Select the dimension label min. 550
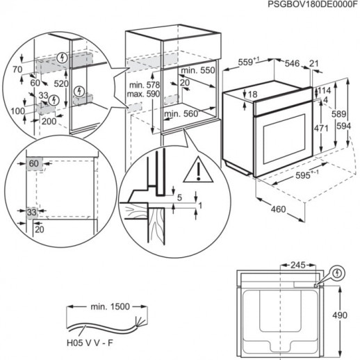pos(196,72)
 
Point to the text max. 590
pos(143,94)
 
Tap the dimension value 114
pos(325,90)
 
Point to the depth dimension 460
pos(279,209)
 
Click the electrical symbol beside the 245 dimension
pos(337,273)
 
